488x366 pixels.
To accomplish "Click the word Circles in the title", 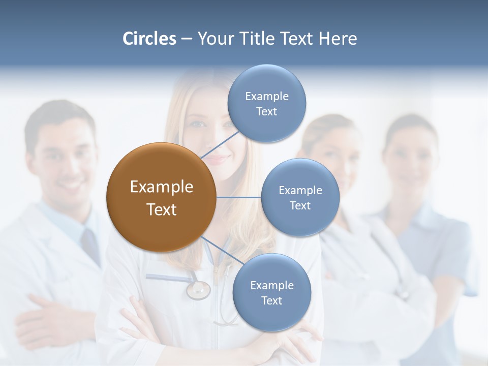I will [149, 39].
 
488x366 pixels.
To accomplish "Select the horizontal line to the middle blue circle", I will [239, 197].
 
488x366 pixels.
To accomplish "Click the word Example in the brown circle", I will [161, 187].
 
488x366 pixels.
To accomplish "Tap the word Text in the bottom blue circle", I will [271, 301].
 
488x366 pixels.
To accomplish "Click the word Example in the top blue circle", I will [266, 96].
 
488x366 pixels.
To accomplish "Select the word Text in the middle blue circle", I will [300, 206].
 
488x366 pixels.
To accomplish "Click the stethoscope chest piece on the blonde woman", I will [198, 290].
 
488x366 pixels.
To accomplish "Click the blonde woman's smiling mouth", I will [216, 159].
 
